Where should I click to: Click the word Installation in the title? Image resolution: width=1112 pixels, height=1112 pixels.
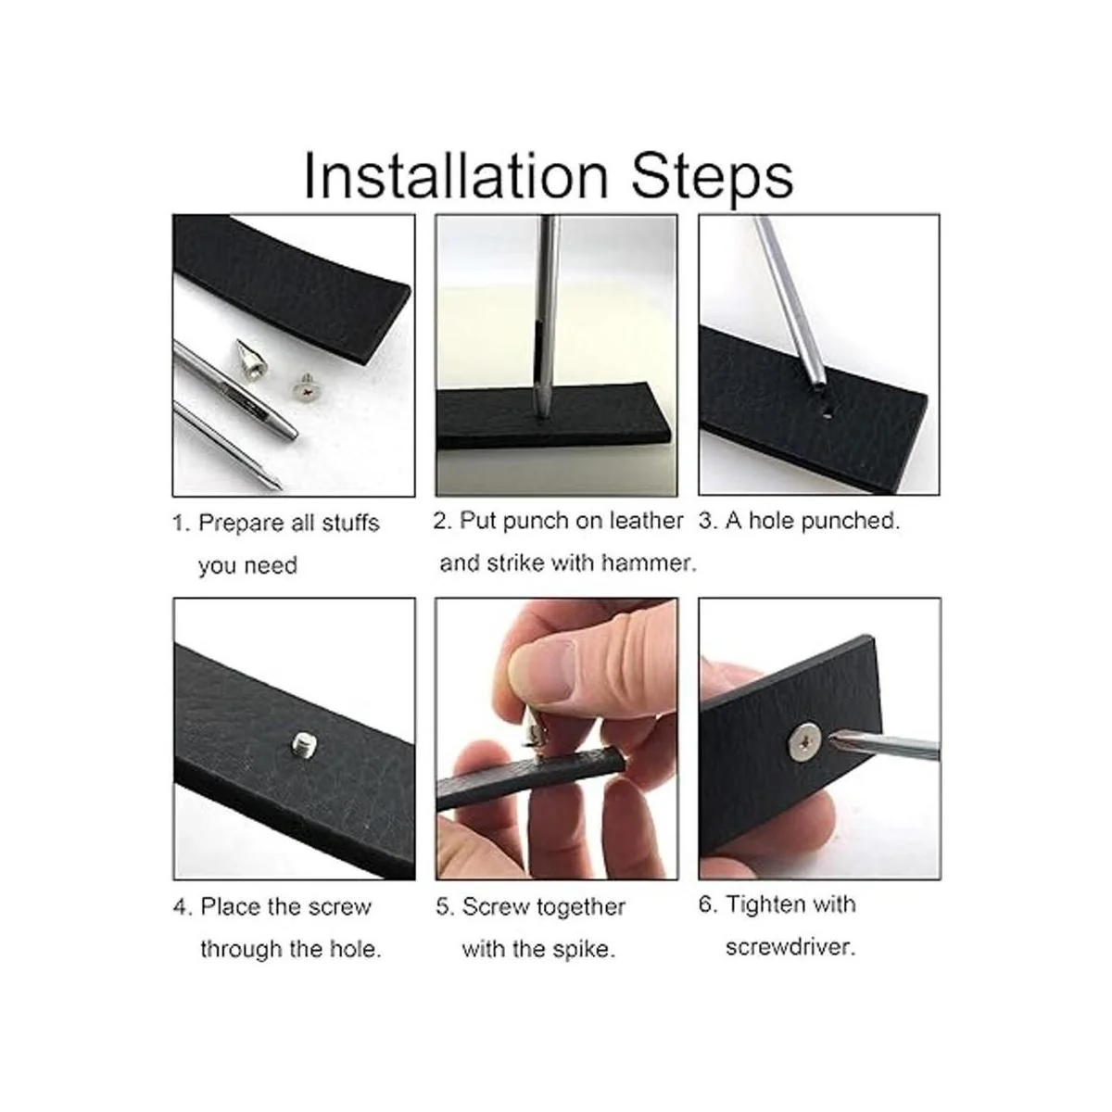(456, 175)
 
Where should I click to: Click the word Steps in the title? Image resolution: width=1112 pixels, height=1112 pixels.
(713, 178)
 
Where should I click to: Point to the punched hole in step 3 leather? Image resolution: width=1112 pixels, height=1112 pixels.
(828, 413)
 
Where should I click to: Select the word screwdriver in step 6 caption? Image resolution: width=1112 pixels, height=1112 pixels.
(790, 947)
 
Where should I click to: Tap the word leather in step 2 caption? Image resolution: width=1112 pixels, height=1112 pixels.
(646, 521)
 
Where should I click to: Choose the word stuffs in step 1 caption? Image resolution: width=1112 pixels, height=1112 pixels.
(350, 524)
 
